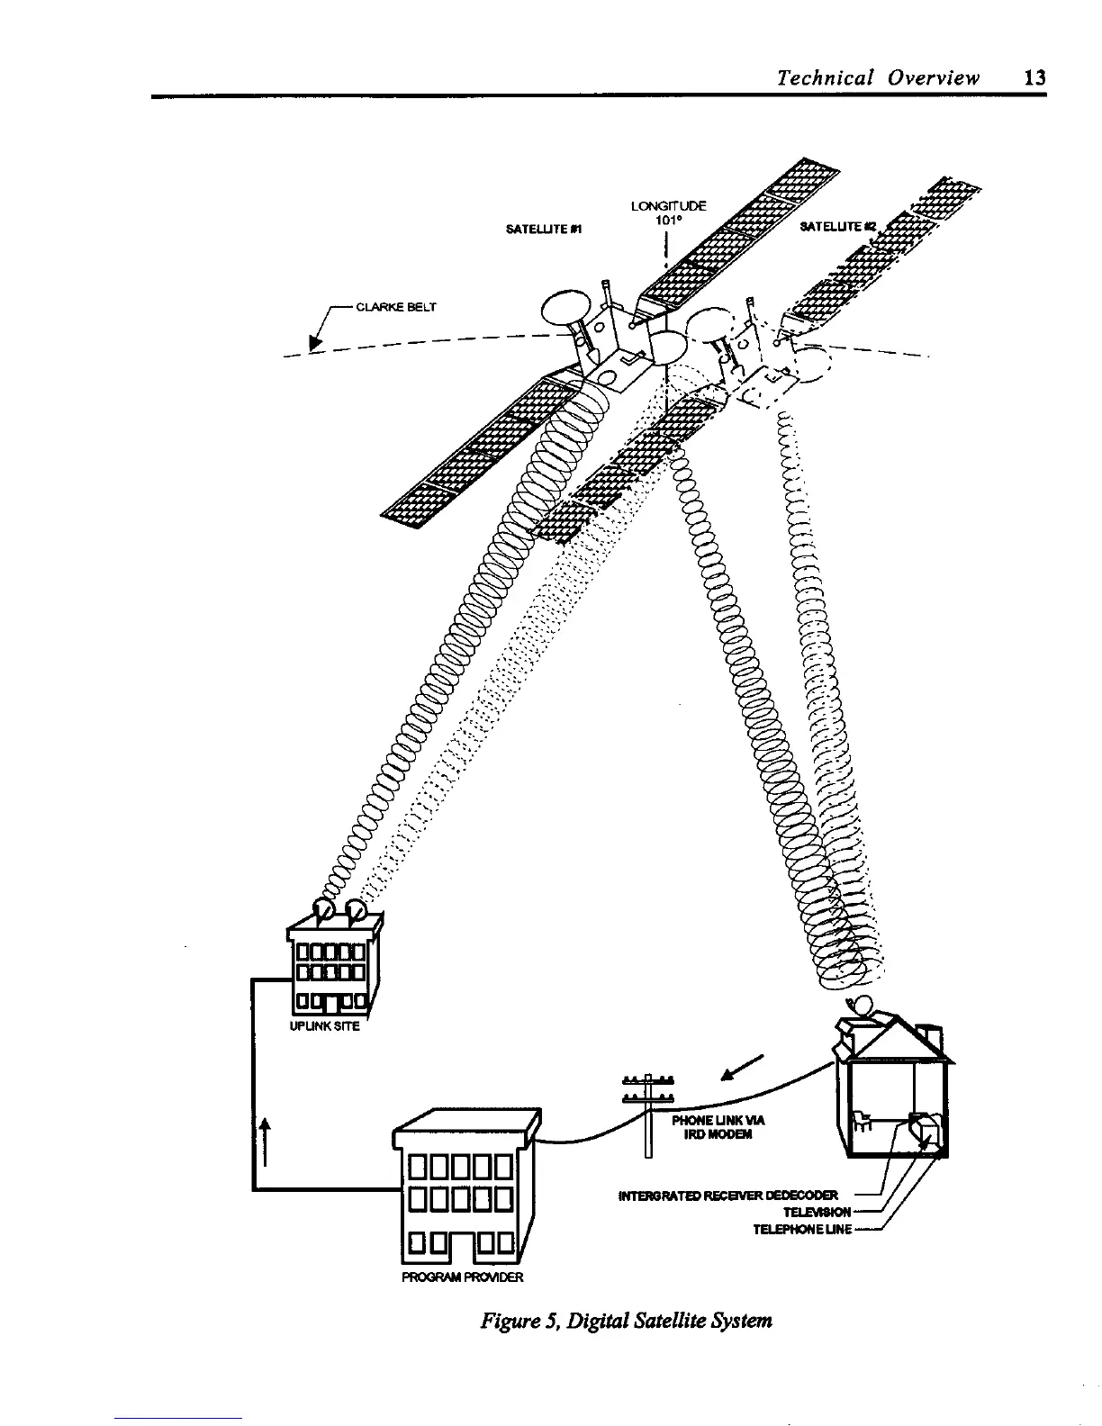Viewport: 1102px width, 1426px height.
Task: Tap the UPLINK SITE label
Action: tap(324, 1026)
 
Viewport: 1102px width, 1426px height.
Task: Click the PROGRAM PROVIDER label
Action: tap(462, 1277)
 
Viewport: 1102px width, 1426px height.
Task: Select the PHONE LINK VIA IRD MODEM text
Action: tap(718, 1127)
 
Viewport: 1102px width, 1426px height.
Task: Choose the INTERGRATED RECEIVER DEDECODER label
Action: tap(729, 1195)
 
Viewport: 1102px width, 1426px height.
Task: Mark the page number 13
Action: tap(1035, 77)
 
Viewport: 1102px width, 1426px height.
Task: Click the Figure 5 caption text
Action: tap(627, 1322)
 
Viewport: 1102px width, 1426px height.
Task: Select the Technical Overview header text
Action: tap(878, 77)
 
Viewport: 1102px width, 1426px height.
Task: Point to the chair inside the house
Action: tap(862, 1119)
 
